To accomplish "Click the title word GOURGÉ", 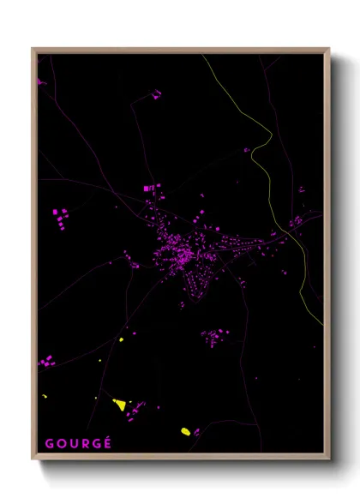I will click(78, 443).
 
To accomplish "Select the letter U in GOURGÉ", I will click(73, 443).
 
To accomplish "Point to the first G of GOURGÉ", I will click(49, 443).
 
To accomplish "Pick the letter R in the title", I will click(84, 443).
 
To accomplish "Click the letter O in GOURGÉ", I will click(61, 443).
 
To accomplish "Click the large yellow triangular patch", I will click(120, 403).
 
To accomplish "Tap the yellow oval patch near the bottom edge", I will click(184, 431).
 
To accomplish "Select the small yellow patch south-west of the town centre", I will click(121, 340).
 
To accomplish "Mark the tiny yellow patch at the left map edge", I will click(45, 396).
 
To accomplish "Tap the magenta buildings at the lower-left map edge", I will click(46, 363).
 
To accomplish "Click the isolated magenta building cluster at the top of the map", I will click(157, 94).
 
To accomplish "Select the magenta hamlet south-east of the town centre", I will click(214, 336).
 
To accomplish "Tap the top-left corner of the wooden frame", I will click(33, 50).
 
